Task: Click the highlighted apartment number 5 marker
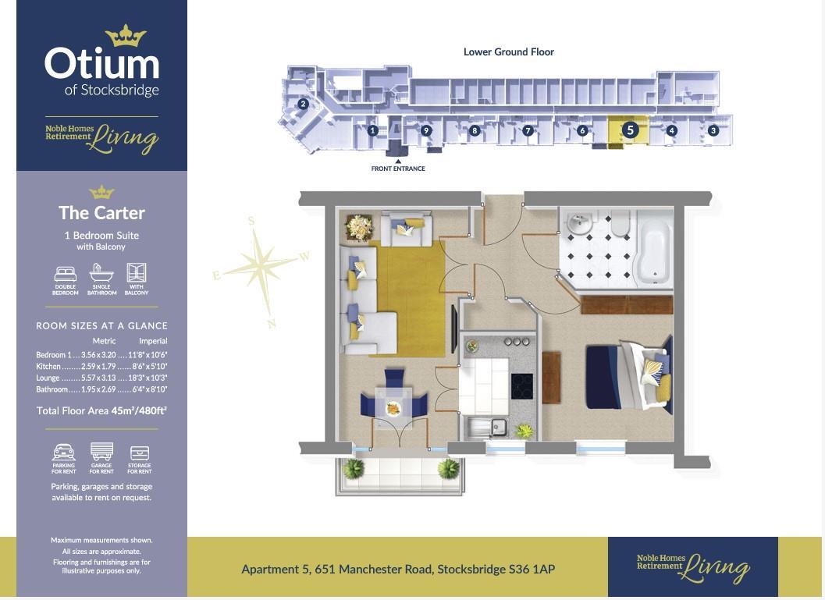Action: [x=630, y=130]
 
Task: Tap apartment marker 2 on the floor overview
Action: [x=303, y=104]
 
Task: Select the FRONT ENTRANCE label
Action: [x=398, y=169]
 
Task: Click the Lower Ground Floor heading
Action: [x=509, y=51]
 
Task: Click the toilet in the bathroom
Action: [x=621, y=223]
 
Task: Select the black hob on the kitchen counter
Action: [x=521, y=386]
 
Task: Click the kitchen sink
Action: [x=487, y=427]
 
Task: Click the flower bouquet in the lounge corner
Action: [x=359, y=228]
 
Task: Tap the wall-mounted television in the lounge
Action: [x=454, y=329]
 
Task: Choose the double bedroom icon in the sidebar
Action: [x=66, y=274]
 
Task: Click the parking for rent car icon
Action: [x=64, y=453]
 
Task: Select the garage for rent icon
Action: [x=101, y=452]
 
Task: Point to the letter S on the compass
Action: [x=251, y=221]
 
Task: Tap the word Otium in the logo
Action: [x=101, y=64]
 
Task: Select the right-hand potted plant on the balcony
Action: [x=448, y=469]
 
